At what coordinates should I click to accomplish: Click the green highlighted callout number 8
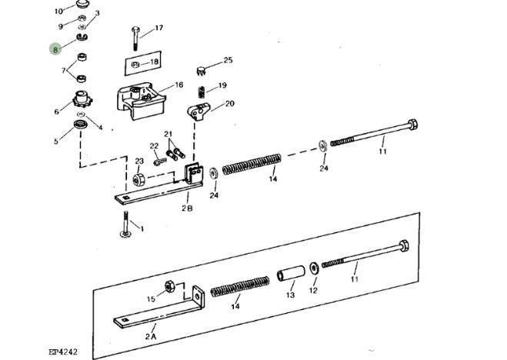[55, 50]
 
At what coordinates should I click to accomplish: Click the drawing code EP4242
[63, 352]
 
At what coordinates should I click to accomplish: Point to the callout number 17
[158, 28]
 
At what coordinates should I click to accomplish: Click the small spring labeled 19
[202, 92]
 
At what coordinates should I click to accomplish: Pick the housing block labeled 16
[141, 101]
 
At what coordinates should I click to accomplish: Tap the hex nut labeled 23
[138, 179]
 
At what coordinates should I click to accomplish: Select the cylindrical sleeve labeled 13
[291, 273]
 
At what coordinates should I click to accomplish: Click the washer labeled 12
[314, 268]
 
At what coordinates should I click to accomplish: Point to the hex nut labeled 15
[170, 287]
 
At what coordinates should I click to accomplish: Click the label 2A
[151, 336]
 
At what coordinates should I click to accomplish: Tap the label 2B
[187, 208]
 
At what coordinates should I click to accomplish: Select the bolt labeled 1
[125, 225]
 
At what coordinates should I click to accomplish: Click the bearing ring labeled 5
[81, 124]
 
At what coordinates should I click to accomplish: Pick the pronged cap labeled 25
[202, 71]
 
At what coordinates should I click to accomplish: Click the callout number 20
[230, 103]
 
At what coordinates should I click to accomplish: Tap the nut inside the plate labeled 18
[135, 65]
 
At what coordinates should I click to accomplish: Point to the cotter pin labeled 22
[160, 162]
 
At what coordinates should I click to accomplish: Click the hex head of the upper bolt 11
[412, 125]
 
